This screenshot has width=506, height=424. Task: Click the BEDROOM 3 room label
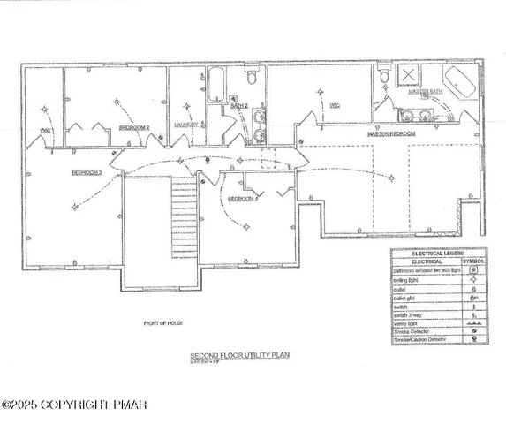point(87,173)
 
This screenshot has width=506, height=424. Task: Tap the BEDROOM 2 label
point(134,128)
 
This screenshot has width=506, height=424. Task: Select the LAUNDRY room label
point(185,125)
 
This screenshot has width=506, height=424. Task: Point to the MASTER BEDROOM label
point(392,132)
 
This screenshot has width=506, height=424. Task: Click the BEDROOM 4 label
point(243,200)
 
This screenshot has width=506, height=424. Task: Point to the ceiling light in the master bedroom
point(393,178)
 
